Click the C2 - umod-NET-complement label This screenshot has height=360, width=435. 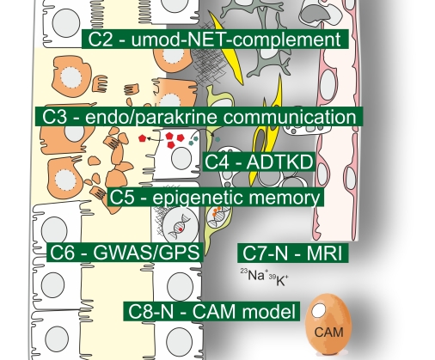(x=215, y=39)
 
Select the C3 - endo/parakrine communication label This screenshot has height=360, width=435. (x=199, y=117)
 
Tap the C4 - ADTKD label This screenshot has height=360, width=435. (x=259, y=162)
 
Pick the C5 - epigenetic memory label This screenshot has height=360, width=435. (x=216, y=198)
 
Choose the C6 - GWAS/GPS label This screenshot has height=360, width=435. (x=125, y=253)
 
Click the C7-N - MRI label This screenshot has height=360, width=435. (x=293, y=253)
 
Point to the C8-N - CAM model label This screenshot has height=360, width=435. (x=211, y=311)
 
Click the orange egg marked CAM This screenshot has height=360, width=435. (x=328, y=324)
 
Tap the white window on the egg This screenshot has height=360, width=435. (x=318, y=311)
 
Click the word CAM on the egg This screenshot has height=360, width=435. (x=328, y=333)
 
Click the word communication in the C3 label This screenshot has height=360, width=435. (x=290, y=117)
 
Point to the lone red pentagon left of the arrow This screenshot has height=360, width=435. (x=142, y=138)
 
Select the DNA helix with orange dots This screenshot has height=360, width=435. (x=218, y=217)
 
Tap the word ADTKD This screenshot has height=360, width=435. (x=279, y=162)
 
